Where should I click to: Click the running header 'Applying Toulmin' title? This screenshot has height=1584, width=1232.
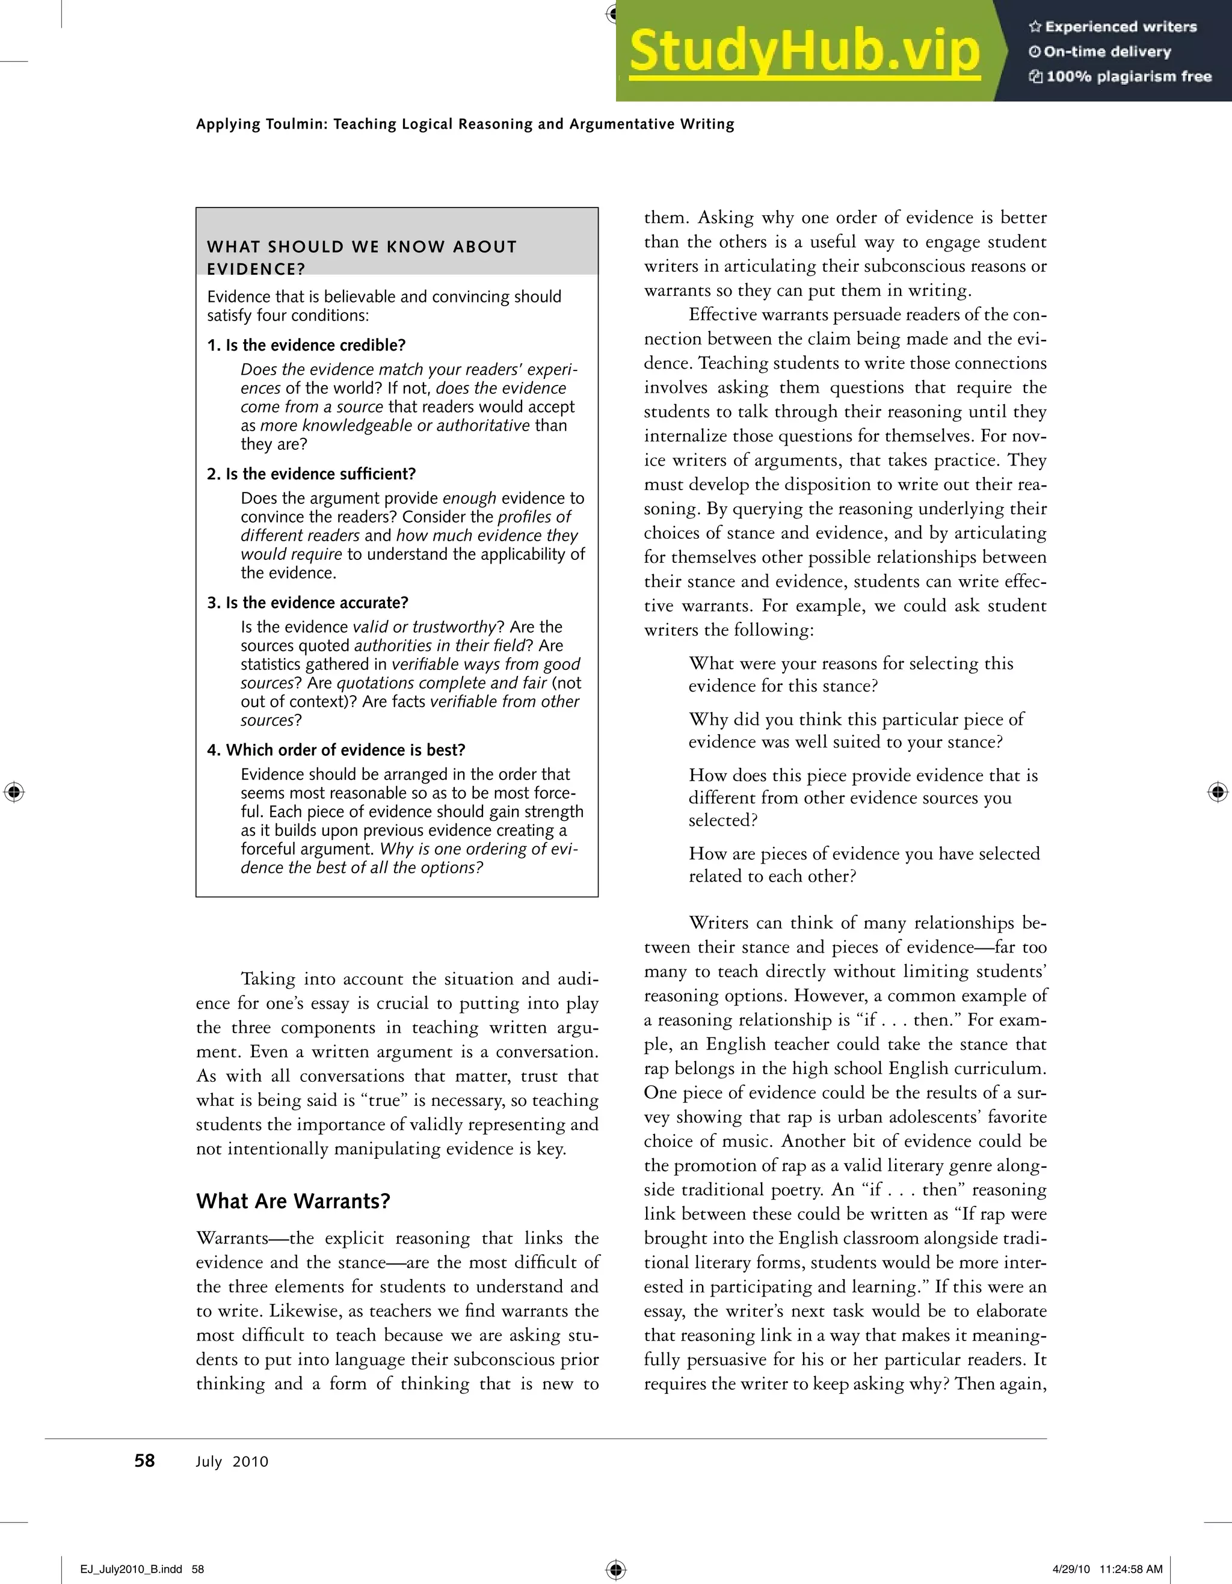pyautogui.click(x=464, y=124)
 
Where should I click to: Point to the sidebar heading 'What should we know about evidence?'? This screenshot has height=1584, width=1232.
pyautogui.click(x=362, y=257)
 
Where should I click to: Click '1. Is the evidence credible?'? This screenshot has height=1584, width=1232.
pyautogui.click(x=306, y=345)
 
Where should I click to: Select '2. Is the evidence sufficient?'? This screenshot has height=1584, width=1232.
pyautogui.click(x=311, y=474)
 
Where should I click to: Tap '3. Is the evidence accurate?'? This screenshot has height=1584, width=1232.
pyautogui.click(x=307, y=603)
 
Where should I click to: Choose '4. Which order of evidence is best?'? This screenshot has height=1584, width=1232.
pyautogui.click(x=336, y=750)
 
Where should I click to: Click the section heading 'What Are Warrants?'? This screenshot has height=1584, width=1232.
pyautogui.click(x=293, y=1201)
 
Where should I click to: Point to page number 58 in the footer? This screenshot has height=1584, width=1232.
pyautogui.click(x=144, y=1461)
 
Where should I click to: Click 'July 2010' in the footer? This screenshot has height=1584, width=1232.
pyautogui.click(x=232, y=1461)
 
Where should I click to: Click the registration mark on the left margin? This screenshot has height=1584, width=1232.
pyautogui.click(x=14, y=792)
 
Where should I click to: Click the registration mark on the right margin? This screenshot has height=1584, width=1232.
pyautogui.click(x=1218, y=792)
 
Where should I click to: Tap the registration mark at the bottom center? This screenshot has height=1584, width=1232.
pyautogui.click(x=615, y=1569)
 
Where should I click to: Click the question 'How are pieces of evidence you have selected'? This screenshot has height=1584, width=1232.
pyautogui.click(x=863, y=854)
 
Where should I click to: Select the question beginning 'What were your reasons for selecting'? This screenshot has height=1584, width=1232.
pyautogui.click(x=851, y=664)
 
